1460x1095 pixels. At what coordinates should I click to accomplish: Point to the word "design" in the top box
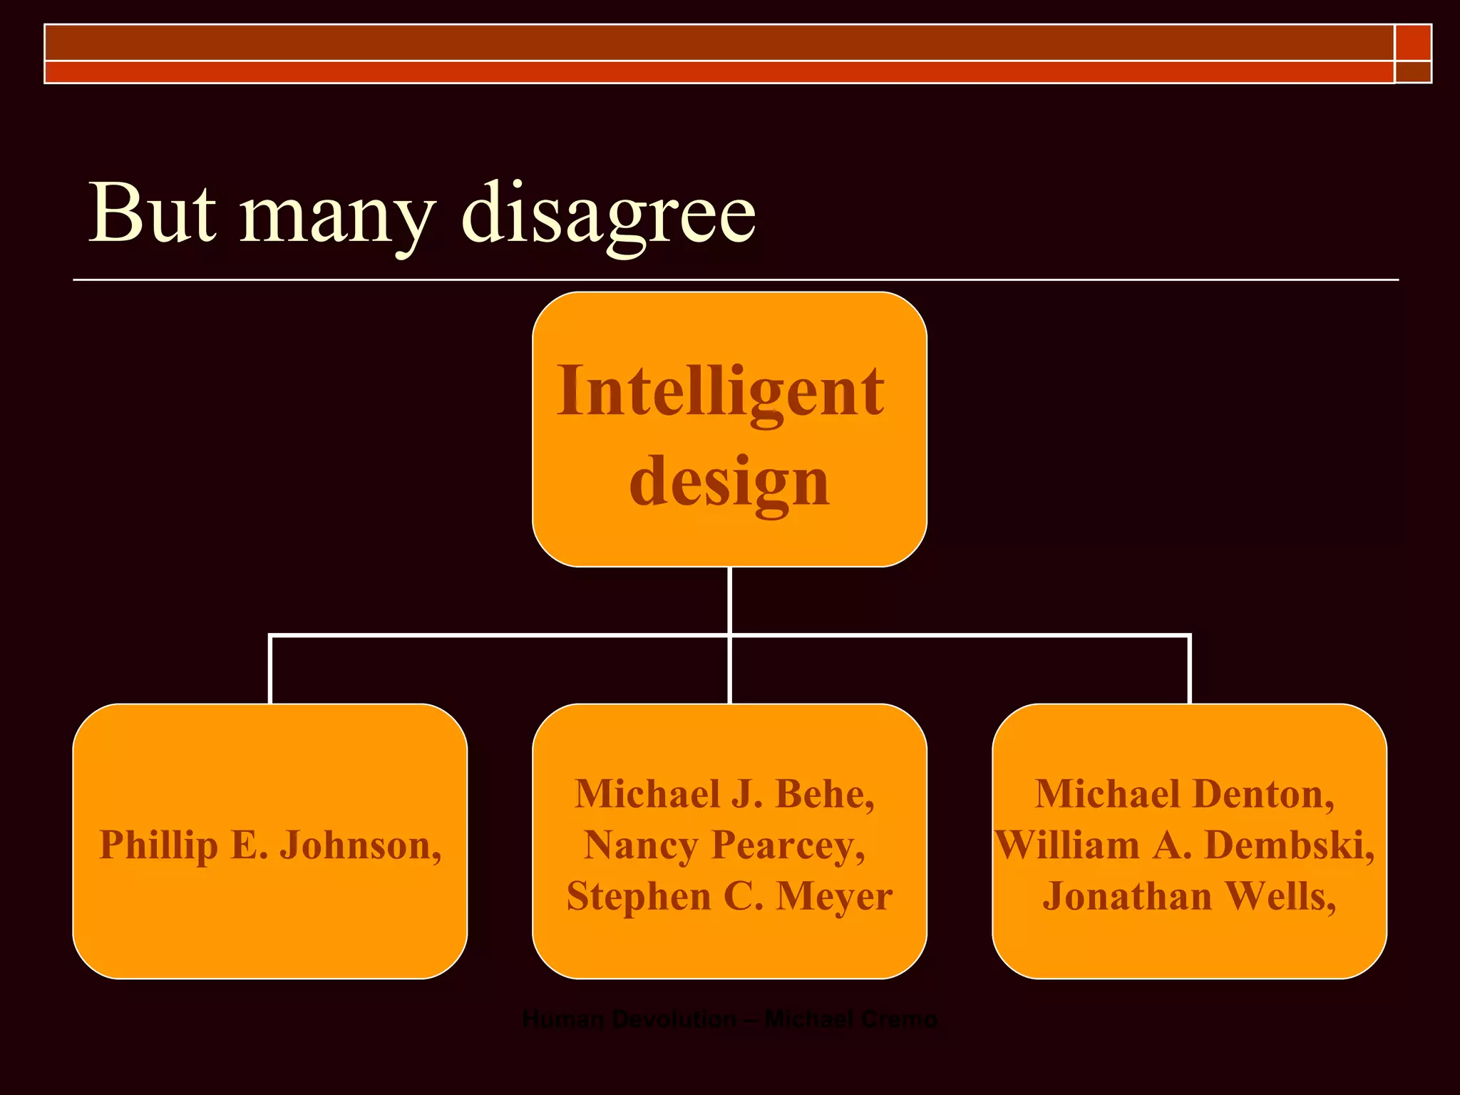(x=729, y=482)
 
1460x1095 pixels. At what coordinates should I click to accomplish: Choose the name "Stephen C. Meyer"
(x=729, y=896)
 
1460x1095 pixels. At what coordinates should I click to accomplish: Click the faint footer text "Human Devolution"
(x=629, y=1019)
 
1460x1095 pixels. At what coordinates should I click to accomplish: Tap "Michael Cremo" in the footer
(x=850, y=1019)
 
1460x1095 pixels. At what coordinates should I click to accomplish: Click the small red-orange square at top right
(x=1413, y=43)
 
